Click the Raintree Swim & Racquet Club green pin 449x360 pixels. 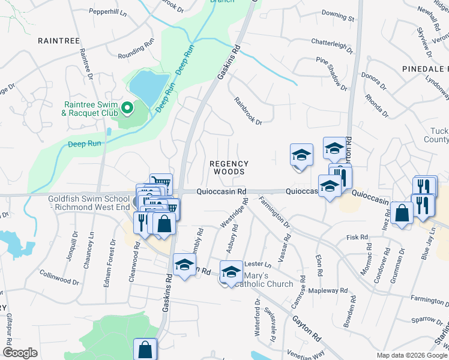(127, 109)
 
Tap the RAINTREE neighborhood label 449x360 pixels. (59, 40)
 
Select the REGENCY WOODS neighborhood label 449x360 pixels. (229, 167)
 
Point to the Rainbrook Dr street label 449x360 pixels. (248, 111)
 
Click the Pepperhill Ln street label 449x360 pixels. (109, 11)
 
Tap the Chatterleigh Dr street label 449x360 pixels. (332, 43)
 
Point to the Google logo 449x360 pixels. (20, 353)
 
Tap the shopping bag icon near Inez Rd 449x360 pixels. (402, 213)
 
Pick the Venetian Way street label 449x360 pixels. (304, 353)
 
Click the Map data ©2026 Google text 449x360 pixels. (411, 355)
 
